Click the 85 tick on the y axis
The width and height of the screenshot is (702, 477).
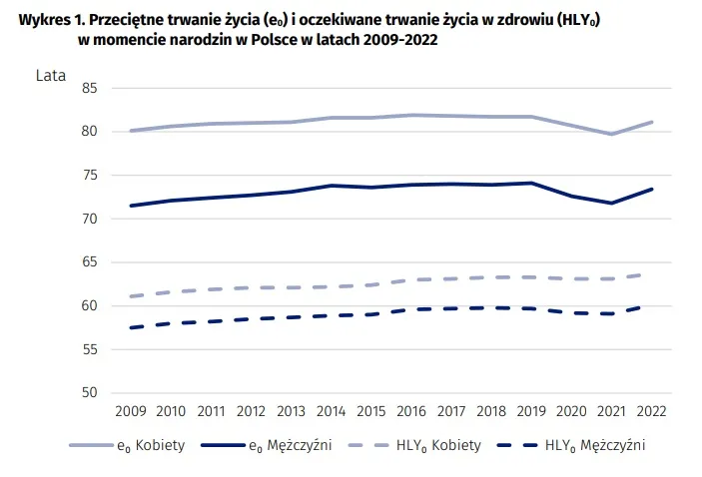[90, 89]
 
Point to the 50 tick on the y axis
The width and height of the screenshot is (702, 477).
[90, 392]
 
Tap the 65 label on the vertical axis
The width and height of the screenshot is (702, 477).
[90, 262]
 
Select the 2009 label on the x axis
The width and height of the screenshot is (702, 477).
[131, 410]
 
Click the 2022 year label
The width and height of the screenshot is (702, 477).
[650, 410]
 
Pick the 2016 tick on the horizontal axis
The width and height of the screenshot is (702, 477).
[410, 410]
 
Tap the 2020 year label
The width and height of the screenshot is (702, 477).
[570, 410]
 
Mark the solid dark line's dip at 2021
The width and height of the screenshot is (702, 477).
[610, 204]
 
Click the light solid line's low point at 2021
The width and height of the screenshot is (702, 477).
[610, 134]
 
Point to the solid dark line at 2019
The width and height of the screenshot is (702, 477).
[530, 184]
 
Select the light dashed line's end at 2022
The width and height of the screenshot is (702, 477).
[650, 274]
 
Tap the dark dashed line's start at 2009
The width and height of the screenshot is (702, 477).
[131, 327]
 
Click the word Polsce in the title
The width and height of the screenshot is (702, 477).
[274, 39]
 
